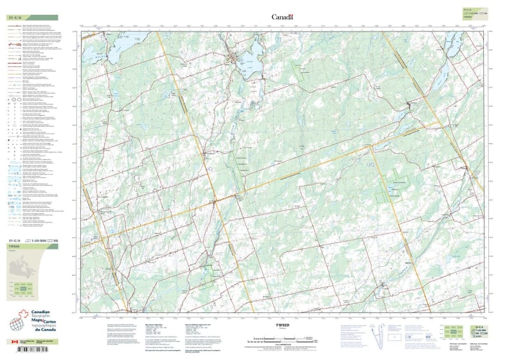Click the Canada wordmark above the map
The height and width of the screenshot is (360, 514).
coord(282,17)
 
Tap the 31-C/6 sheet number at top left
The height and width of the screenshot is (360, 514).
coord(16,17)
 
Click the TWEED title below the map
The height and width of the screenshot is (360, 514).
coord(283,325)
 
